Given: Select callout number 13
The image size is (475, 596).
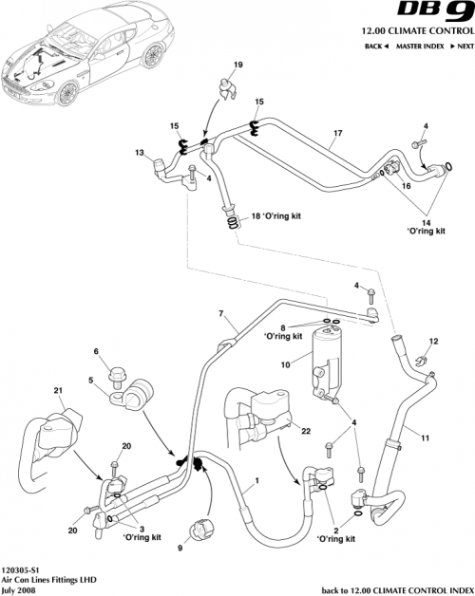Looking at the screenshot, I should [139, 153].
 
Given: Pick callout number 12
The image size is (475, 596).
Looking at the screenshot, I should [433, 341].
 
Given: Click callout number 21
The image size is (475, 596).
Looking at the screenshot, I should [58, 391].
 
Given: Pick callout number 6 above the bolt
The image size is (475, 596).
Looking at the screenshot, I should [96, 351].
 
